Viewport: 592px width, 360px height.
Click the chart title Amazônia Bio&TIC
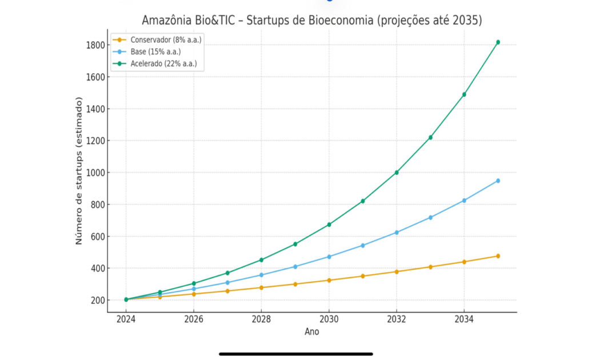coord(312,21)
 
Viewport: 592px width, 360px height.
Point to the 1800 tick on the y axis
coord(94,45)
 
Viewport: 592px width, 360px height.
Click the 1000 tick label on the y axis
coord(94,173)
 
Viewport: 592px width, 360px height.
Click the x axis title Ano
coord(312,332)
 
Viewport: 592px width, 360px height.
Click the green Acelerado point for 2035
coord(498,42)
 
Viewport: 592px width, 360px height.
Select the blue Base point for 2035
coord(498,181)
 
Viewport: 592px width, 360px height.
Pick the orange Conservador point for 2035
coord(498,256)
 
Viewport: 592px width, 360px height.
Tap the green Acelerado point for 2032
coord(397,172)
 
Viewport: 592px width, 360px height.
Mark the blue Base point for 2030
coord(329,257)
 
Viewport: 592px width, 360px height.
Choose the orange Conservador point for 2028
coord(261,287)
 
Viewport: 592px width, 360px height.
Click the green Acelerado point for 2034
coord(464,94)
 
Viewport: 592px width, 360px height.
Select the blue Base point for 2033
coord(430,217)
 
